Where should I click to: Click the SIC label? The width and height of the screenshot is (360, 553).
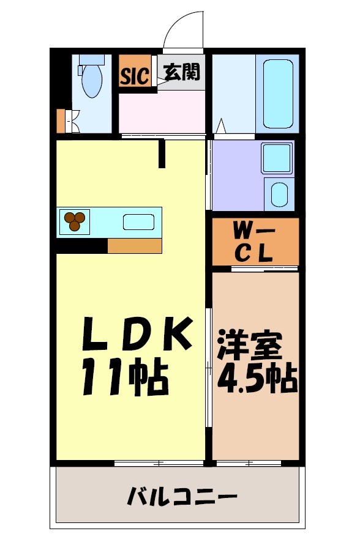134,76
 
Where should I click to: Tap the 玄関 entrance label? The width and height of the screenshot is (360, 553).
181,72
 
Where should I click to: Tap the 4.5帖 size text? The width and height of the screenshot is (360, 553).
257,379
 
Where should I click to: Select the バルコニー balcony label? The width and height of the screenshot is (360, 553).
182,495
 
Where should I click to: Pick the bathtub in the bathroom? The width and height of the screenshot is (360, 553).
277,92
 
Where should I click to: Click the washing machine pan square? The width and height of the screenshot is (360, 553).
279,158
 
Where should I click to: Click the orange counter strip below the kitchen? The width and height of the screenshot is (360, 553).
135,245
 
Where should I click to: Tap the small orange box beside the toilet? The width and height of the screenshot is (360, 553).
60,121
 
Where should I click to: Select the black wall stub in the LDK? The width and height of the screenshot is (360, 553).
162,154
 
